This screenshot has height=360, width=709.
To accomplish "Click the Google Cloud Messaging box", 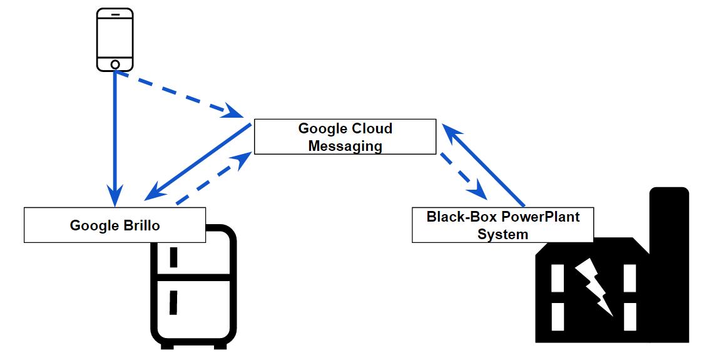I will pyautogui.click(x=345, y=136).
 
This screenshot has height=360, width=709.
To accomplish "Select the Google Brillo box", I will pyautogui.click(x=115, y=225).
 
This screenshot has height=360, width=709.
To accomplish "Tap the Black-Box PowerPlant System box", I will pyautogui.click(x=502, y=225).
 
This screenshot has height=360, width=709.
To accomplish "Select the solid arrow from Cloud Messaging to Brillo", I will pyautogui.click(x=197, y=162).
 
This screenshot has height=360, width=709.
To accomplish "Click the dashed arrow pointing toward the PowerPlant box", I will pyautogui.click(x=464, y=173).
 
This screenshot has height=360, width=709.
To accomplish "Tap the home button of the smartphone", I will pyautogui.click(x=115, y=64).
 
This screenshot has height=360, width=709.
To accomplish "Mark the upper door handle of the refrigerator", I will pyautogui.click(x=174, y=256).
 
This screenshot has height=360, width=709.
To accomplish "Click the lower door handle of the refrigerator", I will pyautogui.click(x=174, y=302).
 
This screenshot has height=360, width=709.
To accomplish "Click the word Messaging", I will pyautogui.click(x=345, y=146).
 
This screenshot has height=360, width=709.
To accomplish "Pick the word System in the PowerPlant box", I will pyautogui.click(x=502, y=234).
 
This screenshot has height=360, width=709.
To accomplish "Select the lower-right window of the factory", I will pyautogui.click(x=630, y=316).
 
